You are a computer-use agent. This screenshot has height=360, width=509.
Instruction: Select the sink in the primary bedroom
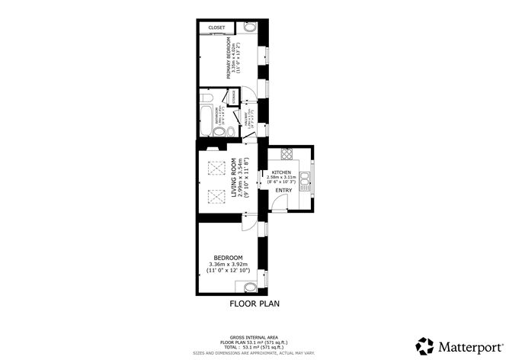click(x=251, y=28)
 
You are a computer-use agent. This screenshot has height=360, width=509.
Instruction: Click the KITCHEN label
click(x=282, y=172)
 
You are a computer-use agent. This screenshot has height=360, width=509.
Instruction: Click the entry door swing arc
click(x=280, y=202)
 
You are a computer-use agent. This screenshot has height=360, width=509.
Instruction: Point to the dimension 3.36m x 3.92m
click(x=228, y=265)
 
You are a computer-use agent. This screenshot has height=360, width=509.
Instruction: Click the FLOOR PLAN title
click(x=255, y=304)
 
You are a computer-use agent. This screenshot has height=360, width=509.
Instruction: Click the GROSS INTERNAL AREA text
click(x=254, y=336)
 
